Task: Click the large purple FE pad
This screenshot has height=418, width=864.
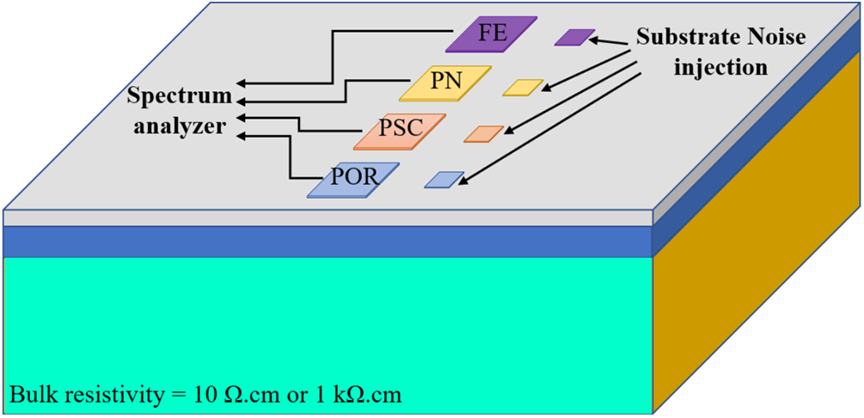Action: click(492, 34)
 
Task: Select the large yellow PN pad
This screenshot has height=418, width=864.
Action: click(445, 83)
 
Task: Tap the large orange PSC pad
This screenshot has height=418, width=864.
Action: click(400, 132)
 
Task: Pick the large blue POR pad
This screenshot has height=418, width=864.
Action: click(353, 180)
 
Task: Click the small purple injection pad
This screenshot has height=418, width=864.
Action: click(575, 37)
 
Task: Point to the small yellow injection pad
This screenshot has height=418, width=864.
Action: click(523, 88)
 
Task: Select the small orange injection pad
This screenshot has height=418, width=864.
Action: click(484, 134)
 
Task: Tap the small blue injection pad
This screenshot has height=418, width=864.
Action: click(444, 180)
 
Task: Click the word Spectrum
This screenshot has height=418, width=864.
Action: click(180, 97)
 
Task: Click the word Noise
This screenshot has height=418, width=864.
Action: click(772, 38)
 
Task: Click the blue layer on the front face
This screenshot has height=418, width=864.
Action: click(328, 242)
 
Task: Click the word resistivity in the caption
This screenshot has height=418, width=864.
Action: click(103, 395)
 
